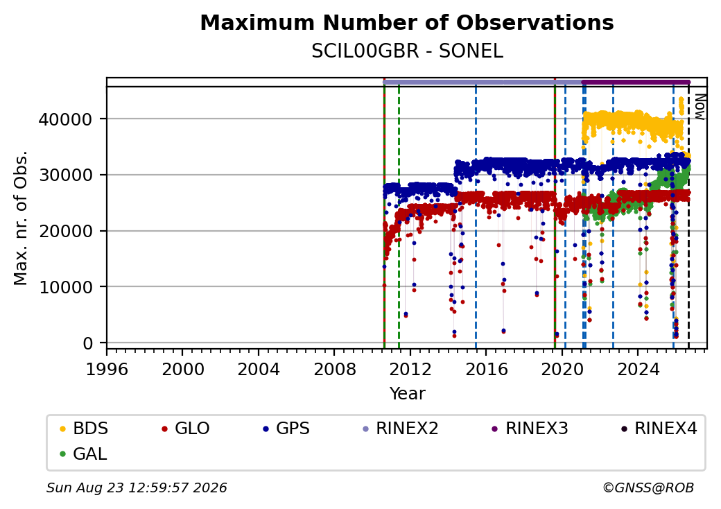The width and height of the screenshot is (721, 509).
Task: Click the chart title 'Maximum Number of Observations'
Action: [x=407, y=22]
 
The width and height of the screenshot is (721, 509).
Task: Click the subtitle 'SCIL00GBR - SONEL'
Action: [x=407, y=51]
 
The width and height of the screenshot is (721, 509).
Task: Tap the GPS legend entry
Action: [x=286, y=429]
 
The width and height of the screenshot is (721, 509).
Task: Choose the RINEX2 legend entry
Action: [x=401, y=429]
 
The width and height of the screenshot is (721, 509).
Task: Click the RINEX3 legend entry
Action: [x=530, y=429]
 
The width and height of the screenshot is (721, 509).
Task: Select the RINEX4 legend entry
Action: [x=659, y=429]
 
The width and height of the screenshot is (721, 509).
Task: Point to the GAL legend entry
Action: [x=83, y=454]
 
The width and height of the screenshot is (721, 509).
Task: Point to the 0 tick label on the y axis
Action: [x=88, y=343]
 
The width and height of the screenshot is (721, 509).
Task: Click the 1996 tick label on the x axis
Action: [x=107, y=369]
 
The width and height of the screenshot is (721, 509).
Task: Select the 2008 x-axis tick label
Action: [x=334, y=369]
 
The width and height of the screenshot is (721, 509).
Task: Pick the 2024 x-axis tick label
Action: [x=638, y=369]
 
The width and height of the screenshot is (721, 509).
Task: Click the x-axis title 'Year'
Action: [x=408, y=394]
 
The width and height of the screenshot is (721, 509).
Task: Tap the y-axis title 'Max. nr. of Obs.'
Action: [x=21, y=218]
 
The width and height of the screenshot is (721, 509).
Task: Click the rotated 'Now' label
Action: [x=700, y=107]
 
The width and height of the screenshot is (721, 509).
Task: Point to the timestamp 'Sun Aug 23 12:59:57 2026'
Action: [x=137, y=488]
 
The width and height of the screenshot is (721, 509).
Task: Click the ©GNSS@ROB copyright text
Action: [x=648, y=488]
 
